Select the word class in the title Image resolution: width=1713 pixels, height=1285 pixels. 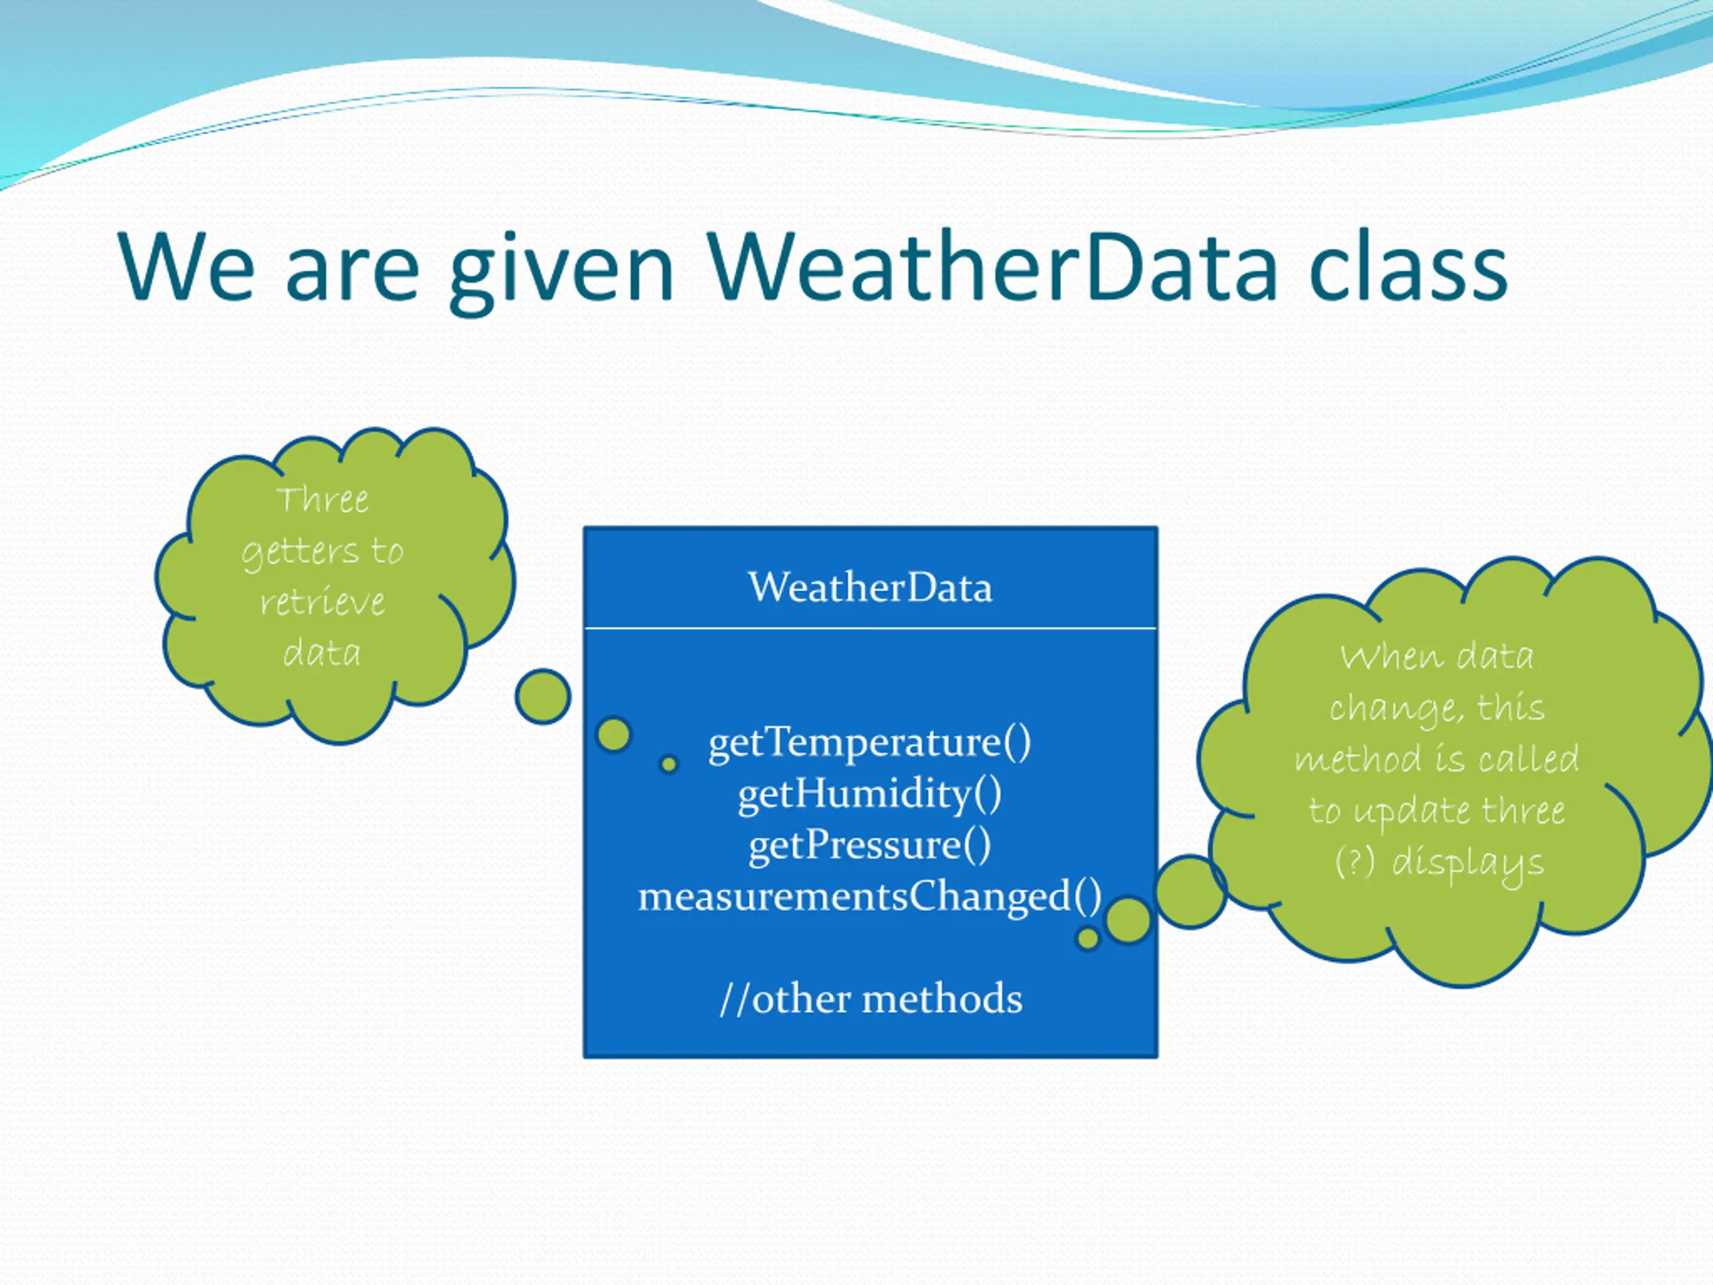(x=1409, y=266)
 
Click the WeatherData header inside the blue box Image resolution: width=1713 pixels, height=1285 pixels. (x=870, y=587)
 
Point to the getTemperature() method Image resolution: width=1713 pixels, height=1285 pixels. (x=870, y=743)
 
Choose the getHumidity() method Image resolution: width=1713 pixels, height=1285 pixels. (x=870, y=794)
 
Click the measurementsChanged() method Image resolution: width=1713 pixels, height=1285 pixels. (x=870, y=897)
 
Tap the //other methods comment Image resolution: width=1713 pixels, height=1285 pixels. (x=871, y=999)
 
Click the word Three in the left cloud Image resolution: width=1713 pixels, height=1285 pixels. (x=323, y=499)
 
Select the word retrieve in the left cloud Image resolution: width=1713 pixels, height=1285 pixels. (x=323, y=602)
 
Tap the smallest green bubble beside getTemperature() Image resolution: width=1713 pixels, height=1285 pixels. (x=669, y=764)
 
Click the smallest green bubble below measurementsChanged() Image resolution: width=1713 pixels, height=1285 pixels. (x=1087, y=939)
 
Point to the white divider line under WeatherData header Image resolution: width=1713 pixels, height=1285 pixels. (x=871, y=628)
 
